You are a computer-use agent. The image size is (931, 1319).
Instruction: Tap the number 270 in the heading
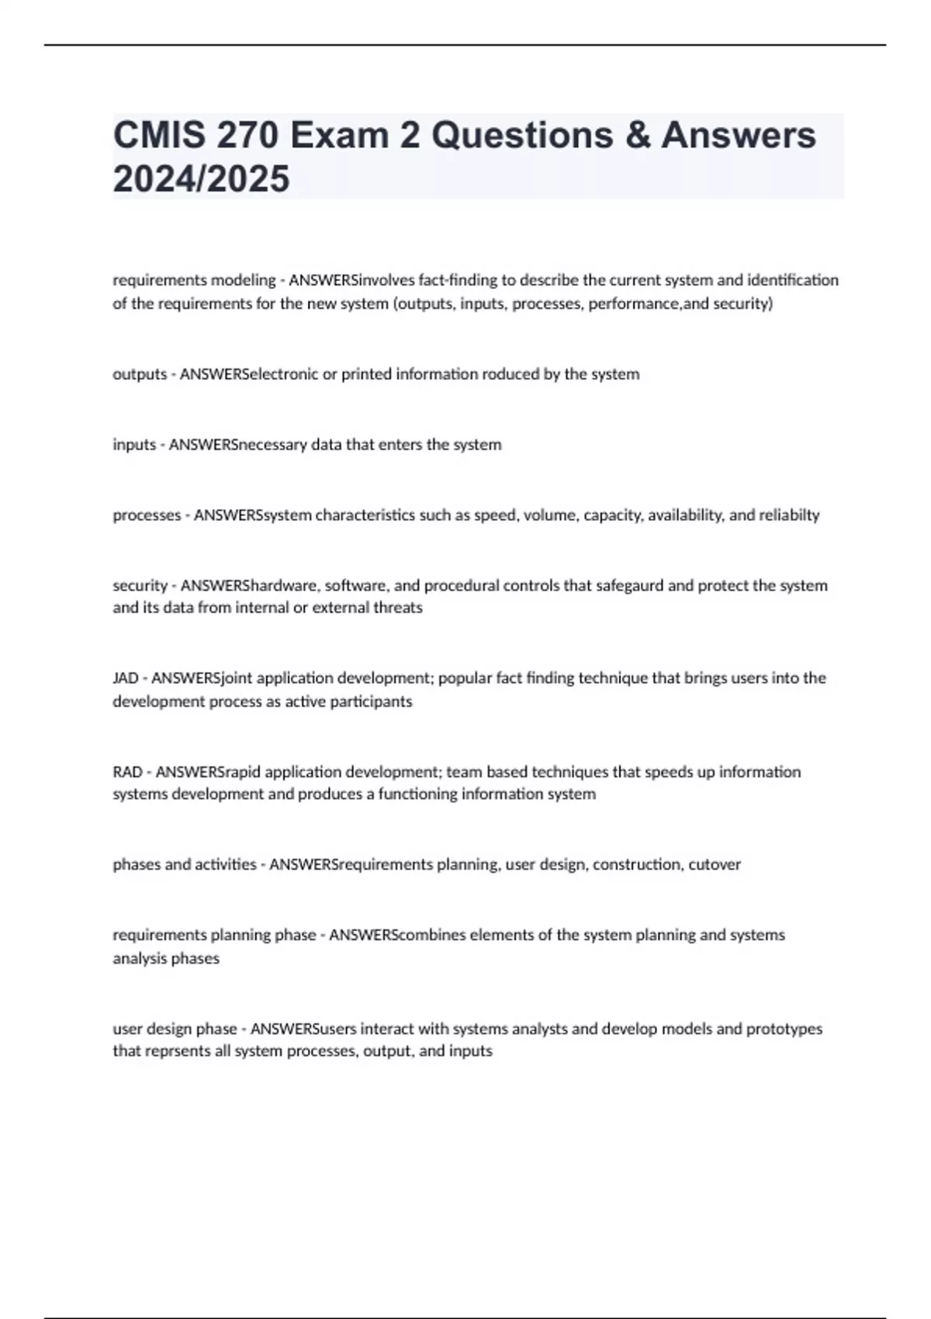pos(247,135)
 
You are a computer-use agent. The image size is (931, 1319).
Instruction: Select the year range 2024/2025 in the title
pos(201,178)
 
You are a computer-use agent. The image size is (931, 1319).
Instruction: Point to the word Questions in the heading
pos(522,135)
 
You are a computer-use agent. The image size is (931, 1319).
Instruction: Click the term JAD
pos(125,678)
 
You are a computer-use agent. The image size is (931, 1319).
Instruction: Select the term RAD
pos(127,772)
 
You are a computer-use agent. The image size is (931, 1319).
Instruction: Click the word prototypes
pos(784,1029)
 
